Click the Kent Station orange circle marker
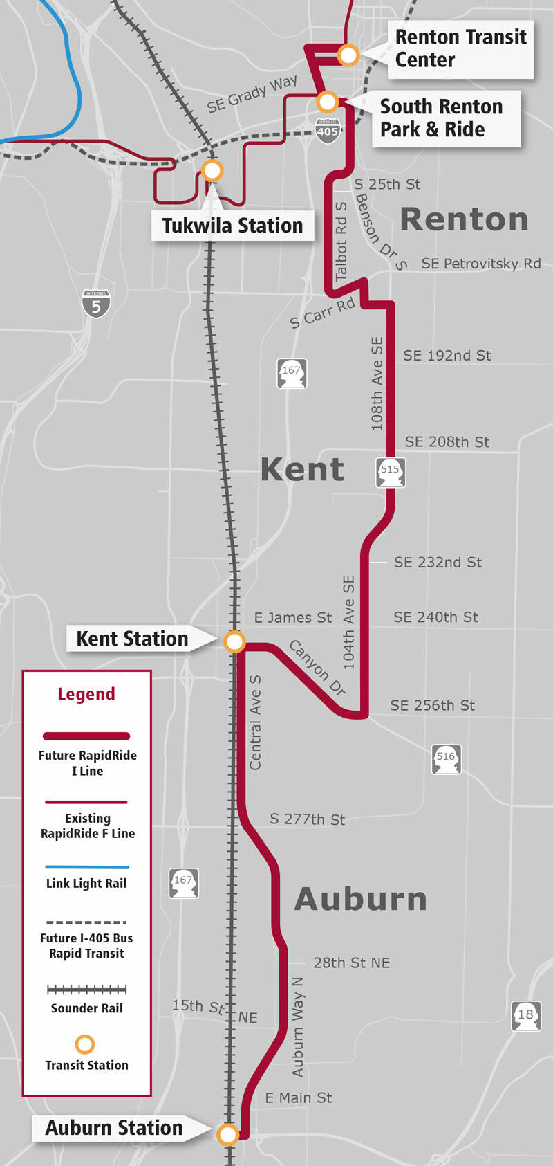234,642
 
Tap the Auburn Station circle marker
227,1134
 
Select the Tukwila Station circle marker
212,170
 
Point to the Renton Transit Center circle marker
348,55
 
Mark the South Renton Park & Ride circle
327,102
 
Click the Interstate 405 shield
328,130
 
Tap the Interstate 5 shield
96,304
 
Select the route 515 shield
390,471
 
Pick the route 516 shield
446,758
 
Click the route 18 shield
525,1016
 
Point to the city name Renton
464,220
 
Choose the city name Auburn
360,899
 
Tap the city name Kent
302,470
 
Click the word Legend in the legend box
86,694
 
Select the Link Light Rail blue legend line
87,866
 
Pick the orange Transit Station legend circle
84,1044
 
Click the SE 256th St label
432,705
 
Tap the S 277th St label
307,819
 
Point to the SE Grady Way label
252,94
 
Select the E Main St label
299,1097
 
